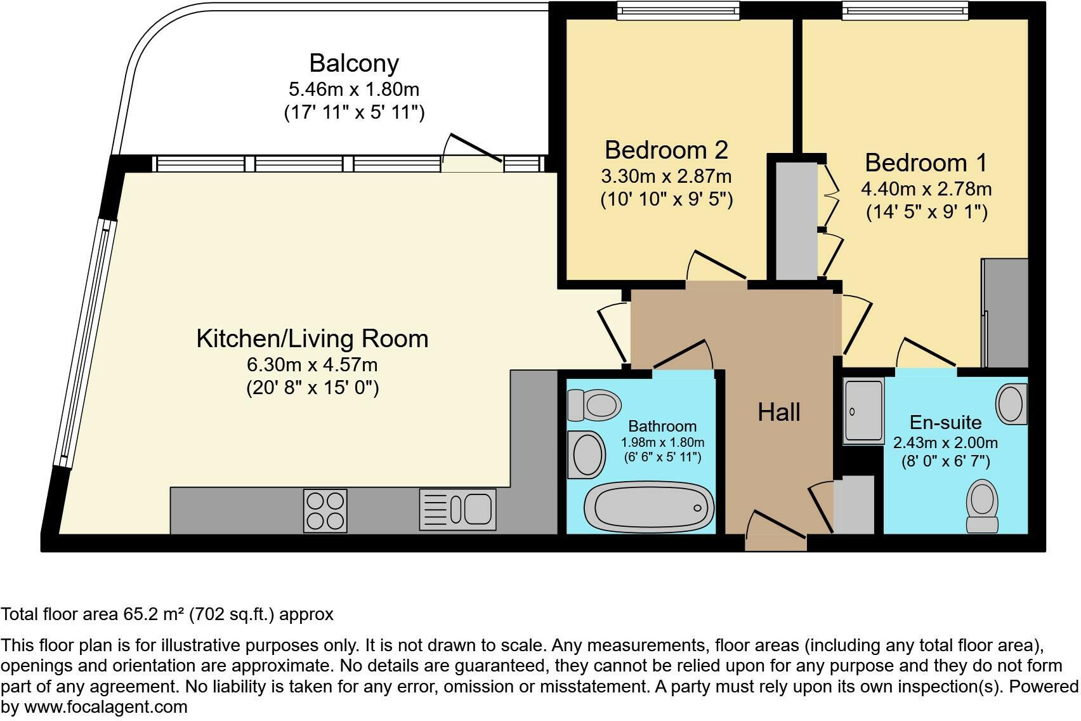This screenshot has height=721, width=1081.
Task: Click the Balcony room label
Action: point(354,63)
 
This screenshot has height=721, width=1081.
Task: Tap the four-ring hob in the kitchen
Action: point(325,511)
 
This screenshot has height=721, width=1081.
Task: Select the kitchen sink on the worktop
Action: point(457,510)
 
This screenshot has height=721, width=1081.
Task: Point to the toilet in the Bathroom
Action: point(594,404)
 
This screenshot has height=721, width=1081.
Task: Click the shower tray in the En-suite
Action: point(863,410)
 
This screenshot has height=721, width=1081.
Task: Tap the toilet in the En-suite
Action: point(981,506)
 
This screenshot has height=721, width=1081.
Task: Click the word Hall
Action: point(778,413)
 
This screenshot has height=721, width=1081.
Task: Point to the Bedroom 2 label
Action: point(666,150)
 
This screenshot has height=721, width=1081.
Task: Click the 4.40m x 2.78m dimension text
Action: point(926,189)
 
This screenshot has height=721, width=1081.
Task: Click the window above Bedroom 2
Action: point(678,10)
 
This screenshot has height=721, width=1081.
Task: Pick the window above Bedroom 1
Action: point(905,10)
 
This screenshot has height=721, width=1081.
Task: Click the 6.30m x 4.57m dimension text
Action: point(312,365)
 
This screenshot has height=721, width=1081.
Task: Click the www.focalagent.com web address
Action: point(105,706)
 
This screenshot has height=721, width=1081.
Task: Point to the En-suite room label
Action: point(945,422)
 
